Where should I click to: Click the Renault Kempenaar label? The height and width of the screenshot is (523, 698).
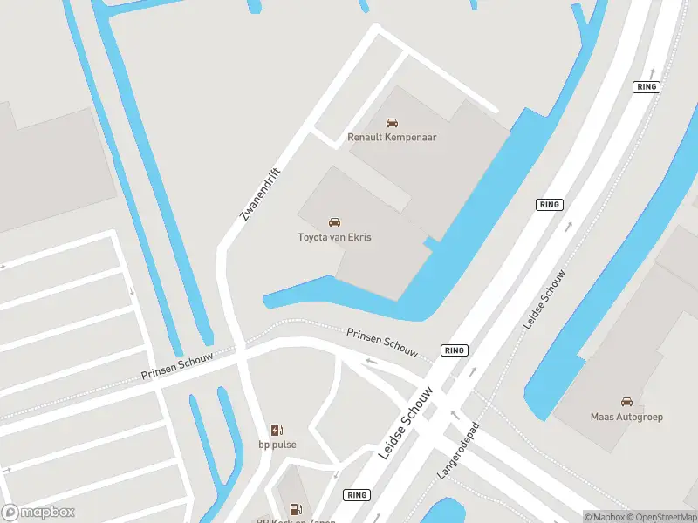pos(392,137)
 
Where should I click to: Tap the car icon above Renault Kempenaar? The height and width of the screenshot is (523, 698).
pos(392,123)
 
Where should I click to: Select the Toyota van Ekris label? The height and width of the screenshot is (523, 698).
pos(334,237)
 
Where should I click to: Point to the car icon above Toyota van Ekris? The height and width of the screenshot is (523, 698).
pos(334,223)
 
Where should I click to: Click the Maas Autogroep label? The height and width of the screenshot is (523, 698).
pos(626,417)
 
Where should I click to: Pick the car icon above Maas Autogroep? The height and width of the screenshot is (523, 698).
pos(626,402)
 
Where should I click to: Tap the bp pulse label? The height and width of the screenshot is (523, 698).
pos(277,445)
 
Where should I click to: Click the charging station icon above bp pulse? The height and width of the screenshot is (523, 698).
pos(277,430)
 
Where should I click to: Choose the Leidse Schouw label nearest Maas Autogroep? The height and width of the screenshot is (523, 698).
pos(544,299)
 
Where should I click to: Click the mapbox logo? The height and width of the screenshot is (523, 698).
pos(38,513)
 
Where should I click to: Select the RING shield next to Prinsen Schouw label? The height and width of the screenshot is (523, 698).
pos(455,350)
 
